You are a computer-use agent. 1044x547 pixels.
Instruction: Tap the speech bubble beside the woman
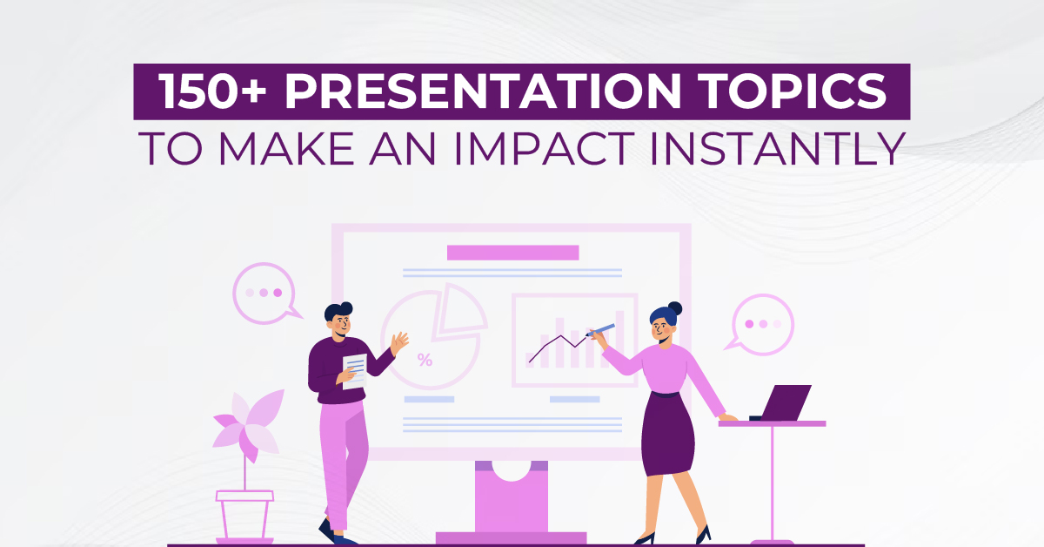[762, 323]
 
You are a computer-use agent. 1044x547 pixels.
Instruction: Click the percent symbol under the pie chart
[425, 360]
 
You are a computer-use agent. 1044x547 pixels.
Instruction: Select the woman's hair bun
[674, 307]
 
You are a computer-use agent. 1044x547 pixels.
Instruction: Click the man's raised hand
[399, 341]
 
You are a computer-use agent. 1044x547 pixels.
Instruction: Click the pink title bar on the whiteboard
[512, 253]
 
